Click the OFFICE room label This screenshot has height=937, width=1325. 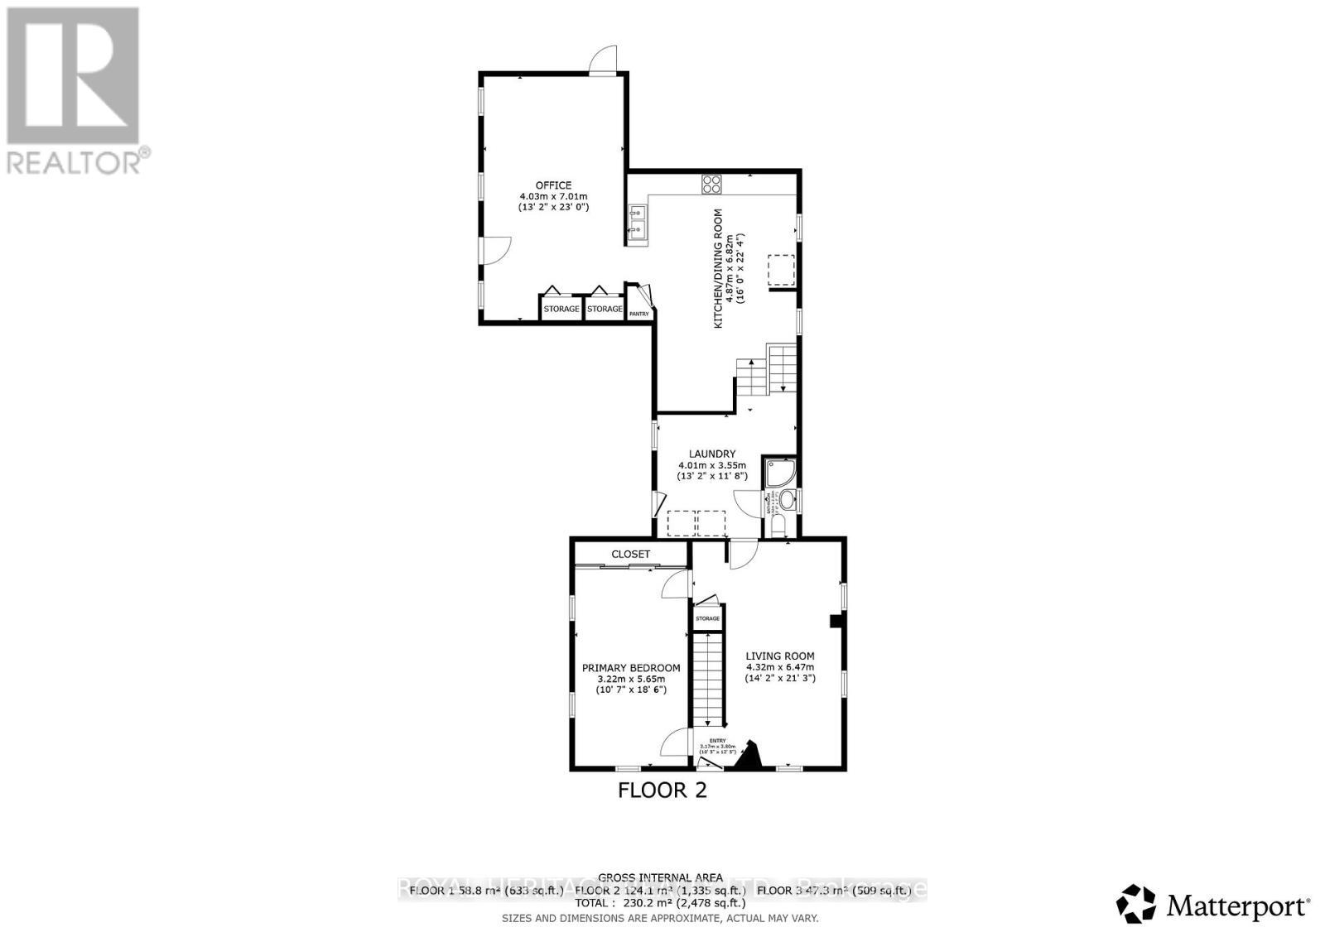pyautogui.click(x=552, y=185)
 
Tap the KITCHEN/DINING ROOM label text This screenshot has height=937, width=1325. pyautogui.click(x=719, y=267)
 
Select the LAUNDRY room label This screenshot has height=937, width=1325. pyautogui.click(x=712, y=454)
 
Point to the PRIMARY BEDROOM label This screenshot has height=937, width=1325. pyautogui.click(x=631, y=668)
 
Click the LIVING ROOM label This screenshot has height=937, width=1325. pyautogui.click(x=780, y=656)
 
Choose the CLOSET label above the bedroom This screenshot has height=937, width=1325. pyautogui.click(x=631, y=554)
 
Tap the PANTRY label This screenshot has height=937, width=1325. pyautogui.click(x=639, y=314)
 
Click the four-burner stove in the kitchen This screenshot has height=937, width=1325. pyautogui.click(x=711, y=184)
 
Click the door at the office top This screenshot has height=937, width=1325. pyautogui.click(x=604, y=60)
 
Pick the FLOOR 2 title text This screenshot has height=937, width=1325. pyautogui.click(x=662, y=790)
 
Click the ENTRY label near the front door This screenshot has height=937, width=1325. pyautogui.click(x=717, y=741)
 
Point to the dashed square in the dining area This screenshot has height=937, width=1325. pyautogui.click(x=781, y=270)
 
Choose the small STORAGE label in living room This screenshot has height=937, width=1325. pyautogui.click(x=707, y=618)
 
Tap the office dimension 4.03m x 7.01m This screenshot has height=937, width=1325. pyautogui.click(x=552, y=196)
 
